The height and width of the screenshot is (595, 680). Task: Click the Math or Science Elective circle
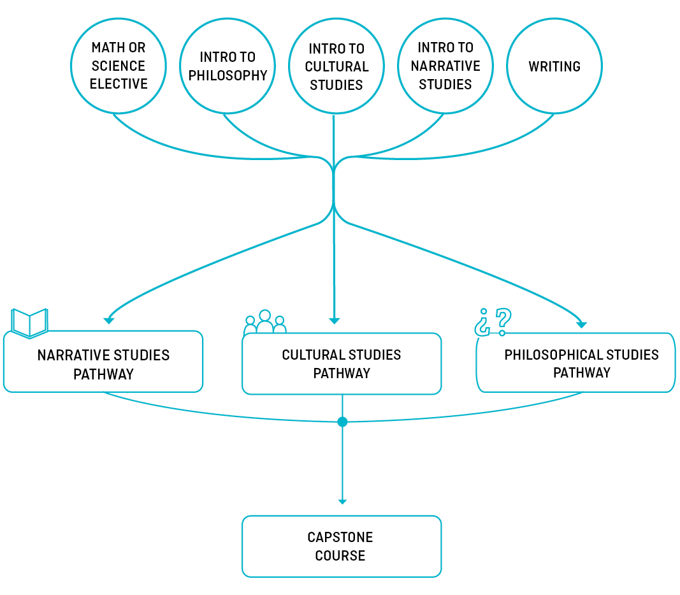coord(119,66)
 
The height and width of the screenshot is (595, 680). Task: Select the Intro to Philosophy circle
coord(228,66)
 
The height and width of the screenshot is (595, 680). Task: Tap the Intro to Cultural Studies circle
coord(336,66)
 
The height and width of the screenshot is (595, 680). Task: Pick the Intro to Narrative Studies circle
coord(445,66)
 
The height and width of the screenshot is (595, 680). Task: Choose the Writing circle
coord(554,66)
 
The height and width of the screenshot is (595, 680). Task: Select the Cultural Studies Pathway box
coord(342,364)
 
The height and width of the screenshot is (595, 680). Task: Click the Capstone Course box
coord(342,547)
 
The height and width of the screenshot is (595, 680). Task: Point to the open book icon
coord(30,323)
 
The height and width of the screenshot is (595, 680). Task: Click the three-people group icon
coord(264,323)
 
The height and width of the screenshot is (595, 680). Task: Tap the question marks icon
coord(493,322)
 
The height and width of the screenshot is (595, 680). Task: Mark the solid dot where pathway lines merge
coord(342,422)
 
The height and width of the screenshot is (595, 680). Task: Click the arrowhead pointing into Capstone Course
coord(342,502)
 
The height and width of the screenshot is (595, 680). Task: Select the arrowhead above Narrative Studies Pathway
coord(110,320)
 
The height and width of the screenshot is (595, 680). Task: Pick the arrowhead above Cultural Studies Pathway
coord(334,321)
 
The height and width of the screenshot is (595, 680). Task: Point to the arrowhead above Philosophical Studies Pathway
coord(581,324)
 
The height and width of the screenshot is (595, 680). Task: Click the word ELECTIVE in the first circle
coord(119,84)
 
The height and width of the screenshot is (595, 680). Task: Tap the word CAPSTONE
coord(340,537)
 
